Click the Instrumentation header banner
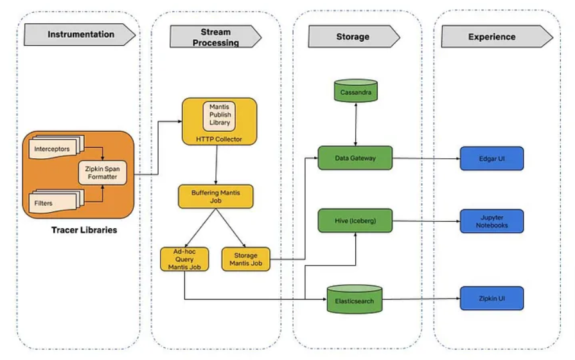(x=80, y=35)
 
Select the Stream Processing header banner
(x=215, y=37)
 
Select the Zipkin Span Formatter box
(x=103, y=172)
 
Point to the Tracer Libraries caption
(x=84, y=230)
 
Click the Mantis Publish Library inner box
(x=219, y=115)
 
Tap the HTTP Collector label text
(x=219, y=138)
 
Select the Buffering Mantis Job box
(x=215, y=197)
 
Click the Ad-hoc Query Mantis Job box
(x=184, y=258)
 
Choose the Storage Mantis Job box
(x=246, y=258)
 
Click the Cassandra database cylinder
(x=355, y=91)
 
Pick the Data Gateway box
(x=355, y=157)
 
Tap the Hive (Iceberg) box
(x=355, y=221)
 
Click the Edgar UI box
(x=491, y=158)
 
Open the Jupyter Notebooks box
(x=491, y=221)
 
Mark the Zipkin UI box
(x=491, y=299)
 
